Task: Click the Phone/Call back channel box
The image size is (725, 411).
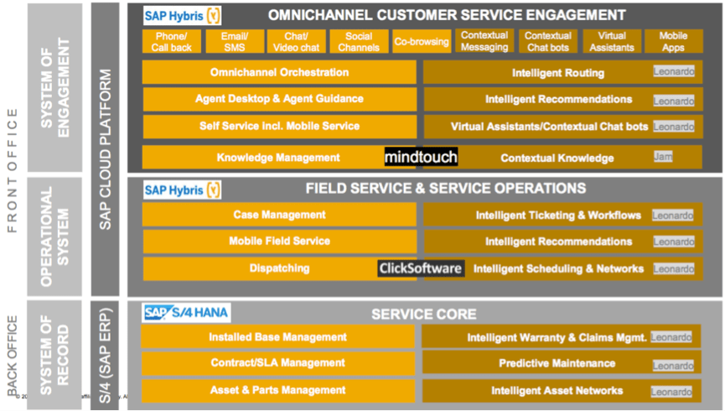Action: [x=172, y=41]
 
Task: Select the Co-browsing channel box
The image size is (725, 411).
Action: [x=422, y=41]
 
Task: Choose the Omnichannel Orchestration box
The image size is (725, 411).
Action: [x=279, y=73]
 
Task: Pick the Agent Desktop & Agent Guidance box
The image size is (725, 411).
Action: [x=279, y=99]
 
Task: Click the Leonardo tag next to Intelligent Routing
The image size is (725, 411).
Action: [x=674, y=73]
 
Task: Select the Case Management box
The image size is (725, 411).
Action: [x=279, y=215]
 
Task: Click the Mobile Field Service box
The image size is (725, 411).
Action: [x=279, y=242]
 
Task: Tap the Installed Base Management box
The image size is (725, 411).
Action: [x=277, y=337]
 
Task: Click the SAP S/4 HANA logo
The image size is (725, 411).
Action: [x=186, y=313]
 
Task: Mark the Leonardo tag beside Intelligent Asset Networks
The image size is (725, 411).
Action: [x=673, y=392]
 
